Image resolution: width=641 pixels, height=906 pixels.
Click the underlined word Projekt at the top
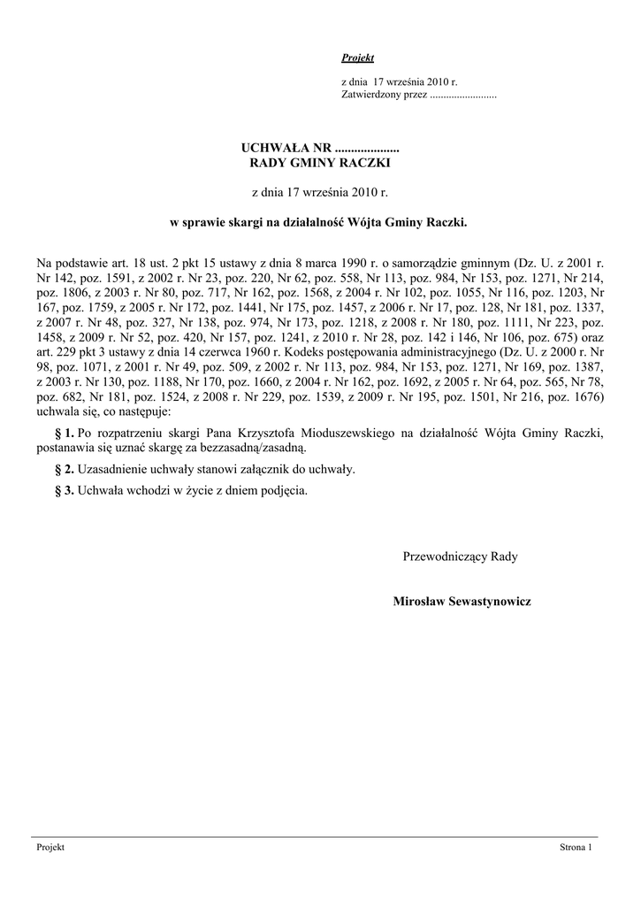[357, 58]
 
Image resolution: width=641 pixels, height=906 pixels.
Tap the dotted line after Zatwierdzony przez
[462, 93]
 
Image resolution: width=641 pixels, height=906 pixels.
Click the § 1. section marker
[64, 433]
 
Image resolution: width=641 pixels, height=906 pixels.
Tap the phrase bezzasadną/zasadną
[256, 448]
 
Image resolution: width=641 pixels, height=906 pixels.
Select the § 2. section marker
[64, 469]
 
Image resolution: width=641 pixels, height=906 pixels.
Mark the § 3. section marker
[64, 489]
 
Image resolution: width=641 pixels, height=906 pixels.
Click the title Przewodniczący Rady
[460, 557]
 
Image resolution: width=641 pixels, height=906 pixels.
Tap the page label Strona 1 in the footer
[575, 848]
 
